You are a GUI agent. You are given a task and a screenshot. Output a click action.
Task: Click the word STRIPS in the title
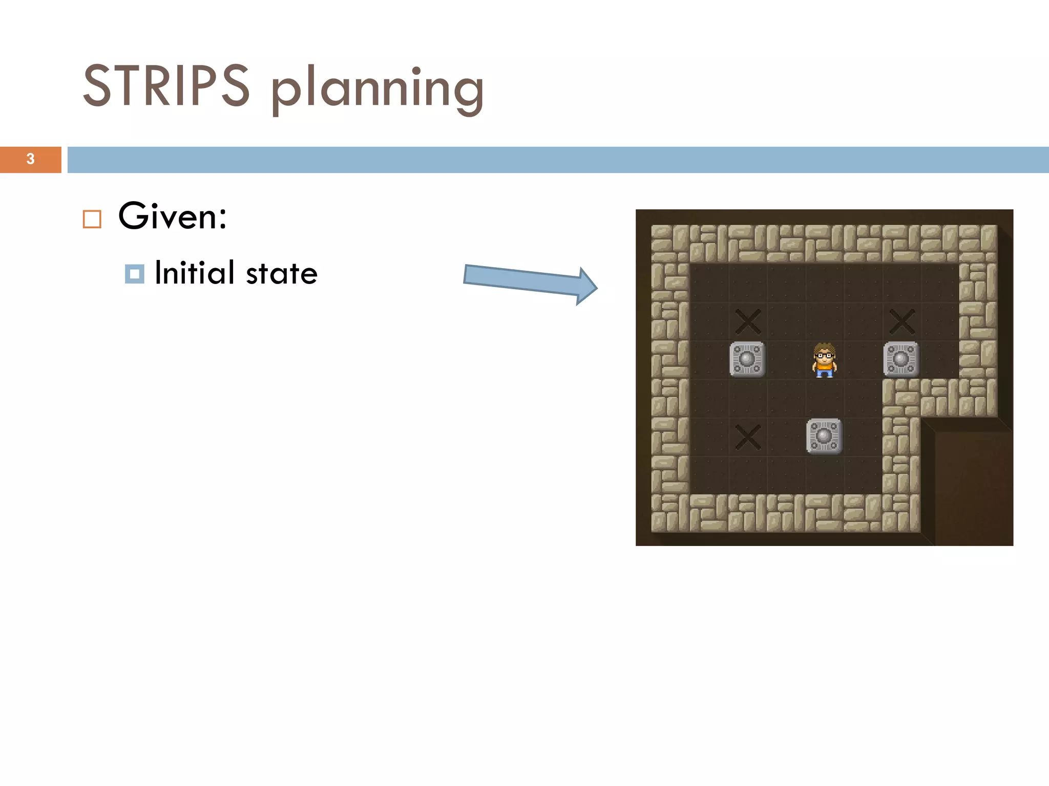tap(166, 85)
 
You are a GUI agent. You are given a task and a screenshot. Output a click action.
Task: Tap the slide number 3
tap(31, 159)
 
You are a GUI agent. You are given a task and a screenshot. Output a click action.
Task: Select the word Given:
tap(173, 216)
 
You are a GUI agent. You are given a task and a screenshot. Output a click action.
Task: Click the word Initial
tap(195, 273)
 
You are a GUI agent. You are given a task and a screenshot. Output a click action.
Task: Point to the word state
tap(282, 274)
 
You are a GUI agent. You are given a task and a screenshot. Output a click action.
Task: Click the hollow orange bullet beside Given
tap(92, 219)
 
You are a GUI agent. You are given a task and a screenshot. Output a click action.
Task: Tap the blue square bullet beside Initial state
tap(134, 274)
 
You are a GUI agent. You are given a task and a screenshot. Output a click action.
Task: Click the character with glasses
tap(824, 360)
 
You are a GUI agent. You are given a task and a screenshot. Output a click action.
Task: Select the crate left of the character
tap(747, 359)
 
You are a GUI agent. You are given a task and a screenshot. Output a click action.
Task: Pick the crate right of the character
tap(901, 359)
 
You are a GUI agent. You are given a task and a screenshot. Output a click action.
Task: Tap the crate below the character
tap(824, 436)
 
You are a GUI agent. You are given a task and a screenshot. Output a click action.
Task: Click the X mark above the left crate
tap(748, 321)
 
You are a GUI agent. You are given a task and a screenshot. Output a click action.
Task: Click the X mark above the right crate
tap(901, 321)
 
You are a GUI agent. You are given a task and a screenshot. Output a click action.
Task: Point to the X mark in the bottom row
tap(748, 436)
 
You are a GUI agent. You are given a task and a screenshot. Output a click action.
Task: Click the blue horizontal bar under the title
tap(558, 160)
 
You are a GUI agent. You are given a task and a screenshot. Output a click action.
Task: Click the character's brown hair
tap(824, 347)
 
